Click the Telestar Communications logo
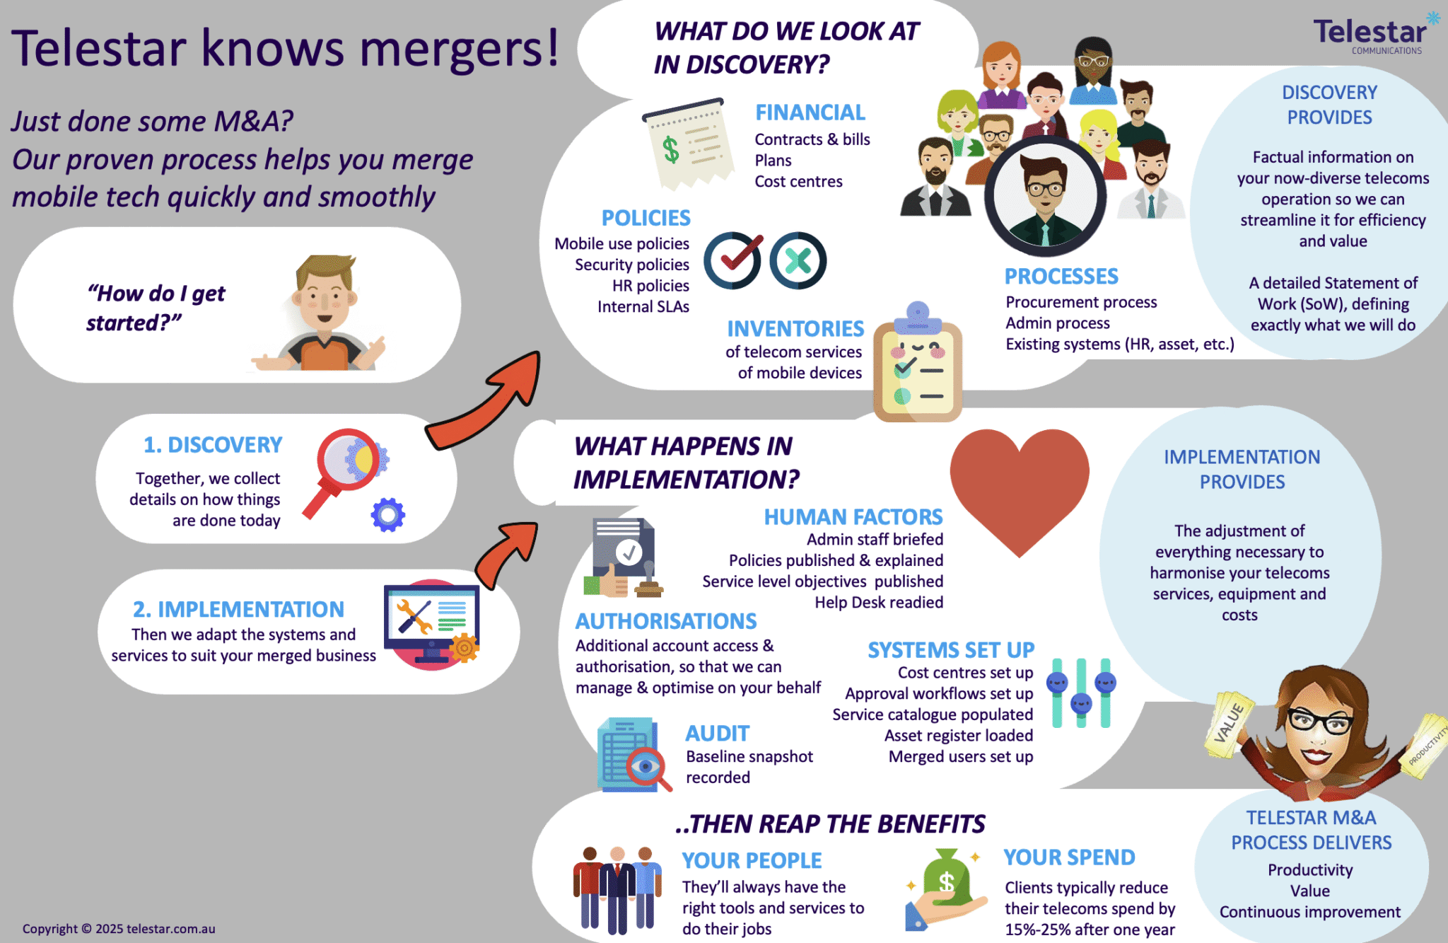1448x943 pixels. tap(1372, 34)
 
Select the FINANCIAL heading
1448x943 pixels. tap(810, 112)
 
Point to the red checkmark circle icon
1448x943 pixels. tap(732, 260)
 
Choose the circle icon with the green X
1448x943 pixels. tap(798, 260)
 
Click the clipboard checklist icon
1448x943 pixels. tap(918, 366)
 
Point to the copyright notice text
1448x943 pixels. tap(119, 929)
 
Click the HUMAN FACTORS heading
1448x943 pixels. tap(853, 517)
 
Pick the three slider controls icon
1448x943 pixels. tap(1081, 693)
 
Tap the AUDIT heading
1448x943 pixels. tap(717, 734)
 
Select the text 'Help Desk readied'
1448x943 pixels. tap(879, 603)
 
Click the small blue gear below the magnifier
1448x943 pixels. tap(388, 515)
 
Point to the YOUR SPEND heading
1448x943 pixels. tap(1069, 857)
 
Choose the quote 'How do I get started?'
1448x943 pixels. tap(156, 308)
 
